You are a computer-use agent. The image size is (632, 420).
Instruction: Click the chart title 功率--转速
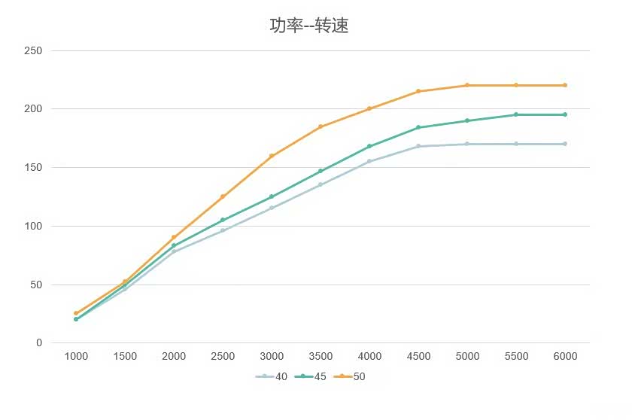(x=308, y=26)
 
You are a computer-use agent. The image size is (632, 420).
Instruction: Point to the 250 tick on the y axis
(x=34, y=51)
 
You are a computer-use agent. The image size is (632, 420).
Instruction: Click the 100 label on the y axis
(x=34, y=226)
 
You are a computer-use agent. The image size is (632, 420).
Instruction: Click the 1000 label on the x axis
(x=76, y=356)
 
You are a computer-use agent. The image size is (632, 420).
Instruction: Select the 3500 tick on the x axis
(x=321, y=356)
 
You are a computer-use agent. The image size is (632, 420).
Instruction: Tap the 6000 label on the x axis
(x=565, y=356)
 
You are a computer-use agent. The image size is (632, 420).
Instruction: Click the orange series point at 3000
(x=272, y=156)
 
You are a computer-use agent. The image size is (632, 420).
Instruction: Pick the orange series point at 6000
(x=565, y=85)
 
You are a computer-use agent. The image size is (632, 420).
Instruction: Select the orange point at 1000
(x=76, y=313)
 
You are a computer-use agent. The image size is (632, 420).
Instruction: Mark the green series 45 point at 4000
(x=369, y=146)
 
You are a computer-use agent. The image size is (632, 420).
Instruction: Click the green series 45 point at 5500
(x=516, y=114)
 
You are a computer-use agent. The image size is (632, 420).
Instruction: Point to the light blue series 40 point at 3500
(x=321, y=184)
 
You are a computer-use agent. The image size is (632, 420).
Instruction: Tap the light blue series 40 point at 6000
(x=565, y=144)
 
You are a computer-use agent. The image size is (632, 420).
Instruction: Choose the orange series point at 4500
(x=418, y=91)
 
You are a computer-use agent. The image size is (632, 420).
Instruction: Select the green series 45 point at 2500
(x=223, y=220)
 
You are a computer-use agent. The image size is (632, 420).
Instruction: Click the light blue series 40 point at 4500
(x=418, y=146)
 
